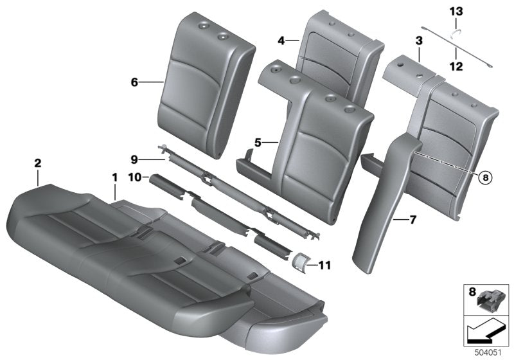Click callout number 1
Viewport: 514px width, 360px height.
click(x=115, y=175)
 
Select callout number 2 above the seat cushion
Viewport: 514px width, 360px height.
click(x=38, y=165)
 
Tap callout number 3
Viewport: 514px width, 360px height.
click(x=418, y=41)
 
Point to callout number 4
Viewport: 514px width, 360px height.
click(x=281, y=40)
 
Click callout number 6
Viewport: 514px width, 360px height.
click(x=134, y=82)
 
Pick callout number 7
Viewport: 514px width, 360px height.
click(x=413, y=220)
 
